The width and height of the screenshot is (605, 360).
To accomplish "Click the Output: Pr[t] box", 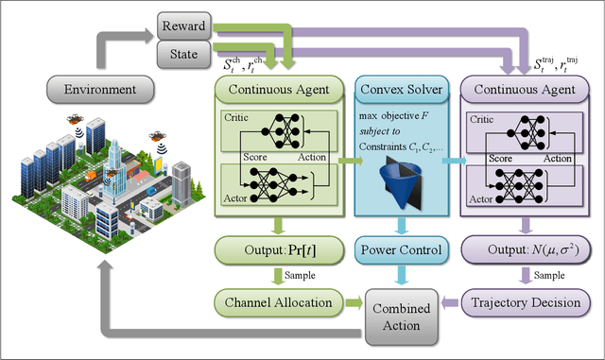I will pyautogui.click(x=274, y=251).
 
